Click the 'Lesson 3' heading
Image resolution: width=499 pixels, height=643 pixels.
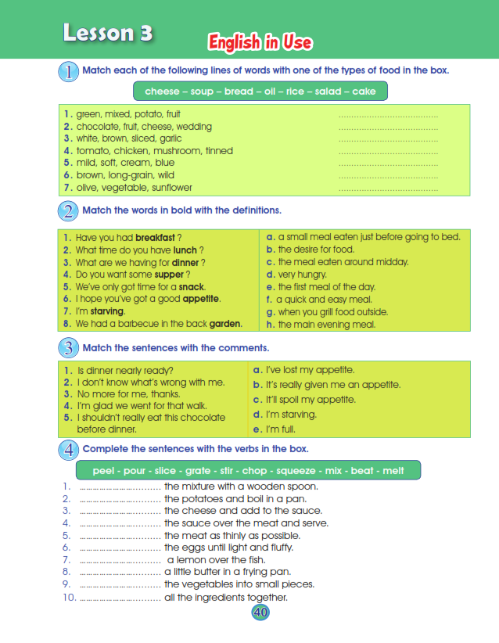click(108, 33)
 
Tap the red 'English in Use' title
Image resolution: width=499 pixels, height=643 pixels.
click(260, 42)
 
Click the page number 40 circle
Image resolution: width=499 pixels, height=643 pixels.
click(260, 612)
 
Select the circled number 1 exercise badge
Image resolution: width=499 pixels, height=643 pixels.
click(69, 71)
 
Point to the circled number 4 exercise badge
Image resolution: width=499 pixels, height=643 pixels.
click(69, 450)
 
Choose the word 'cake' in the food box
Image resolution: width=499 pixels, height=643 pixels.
click(364, 92)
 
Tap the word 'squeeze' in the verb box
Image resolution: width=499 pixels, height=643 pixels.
click(303, 470)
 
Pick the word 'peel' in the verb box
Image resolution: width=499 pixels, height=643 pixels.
click(103, 470)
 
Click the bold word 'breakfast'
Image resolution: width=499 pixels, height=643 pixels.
click(155, 238)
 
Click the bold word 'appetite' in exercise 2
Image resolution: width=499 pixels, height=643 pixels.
click(201, 299)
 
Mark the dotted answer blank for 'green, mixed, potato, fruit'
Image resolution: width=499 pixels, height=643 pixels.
click(388, 115)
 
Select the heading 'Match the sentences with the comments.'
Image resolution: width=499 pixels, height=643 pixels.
click(175, 347)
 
